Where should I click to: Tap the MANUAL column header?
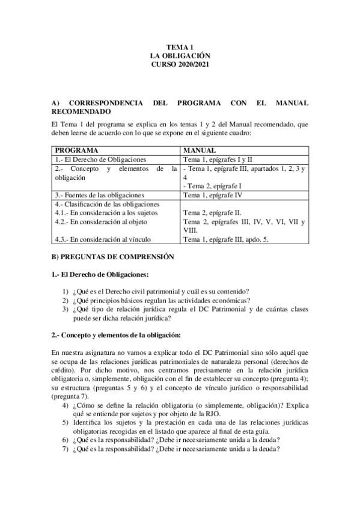tap(200, 149)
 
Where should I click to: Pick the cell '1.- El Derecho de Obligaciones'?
tap(100, 159)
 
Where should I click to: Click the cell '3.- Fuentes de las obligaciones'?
tap(100, 195)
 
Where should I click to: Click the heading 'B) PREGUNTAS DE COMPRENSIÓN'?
tap(113, 257)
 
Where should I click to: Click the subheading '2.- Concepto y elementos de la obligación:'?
tap(116, 334)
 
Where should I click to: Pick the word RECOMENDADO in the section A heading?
tap(81, 111)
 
